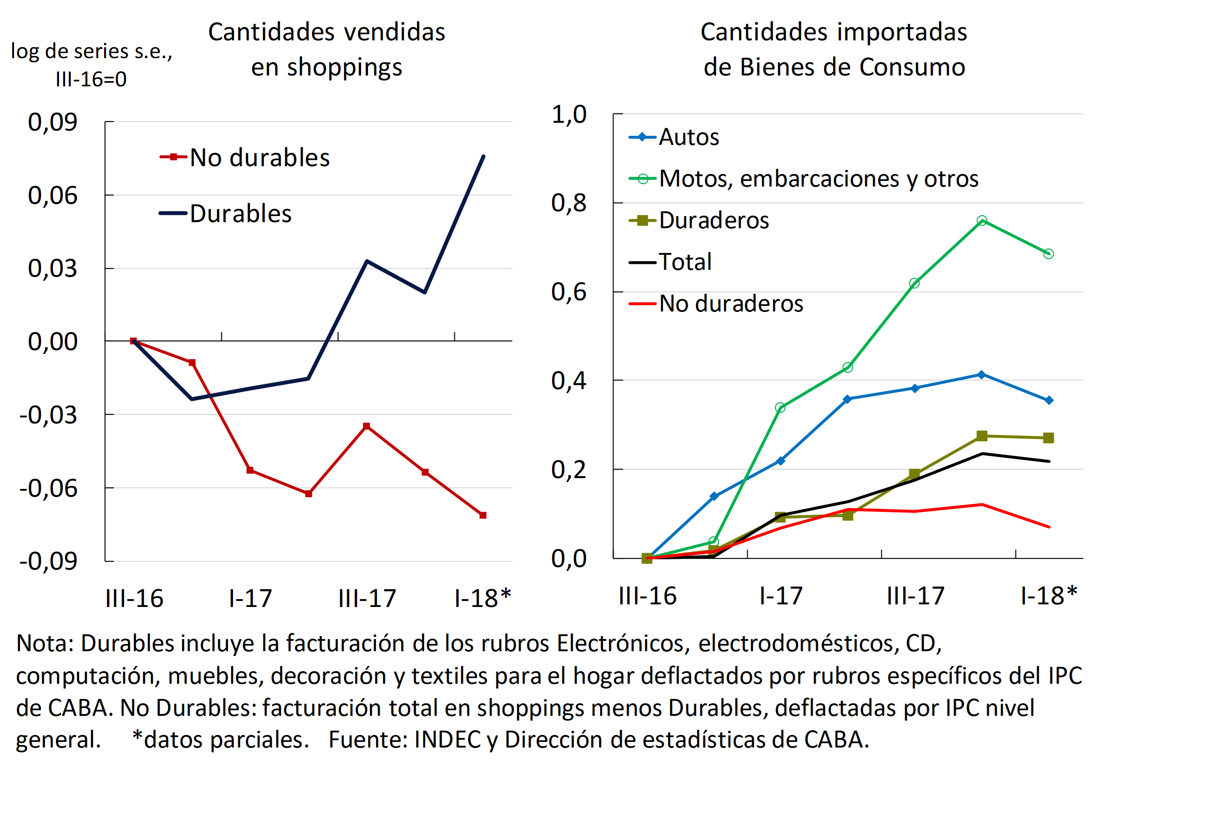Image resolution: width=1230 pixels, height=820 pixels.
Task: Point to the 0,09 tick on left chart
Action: click(52, 122)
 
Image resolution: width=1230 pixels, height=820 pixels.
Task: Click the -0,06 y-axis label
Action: click(48, 488)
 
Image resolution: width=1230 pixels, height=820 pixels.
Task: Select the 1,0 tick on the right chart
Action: click(569, 114)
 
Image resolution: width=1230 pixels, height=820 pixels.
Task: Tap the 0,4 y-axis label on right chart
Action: click(569, 380)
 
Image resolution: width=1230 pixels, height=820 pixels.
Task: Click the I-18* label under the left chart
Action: click(482, 598)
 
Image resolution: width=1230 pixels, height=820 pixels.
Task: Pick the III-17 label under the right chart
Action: click(915, 596)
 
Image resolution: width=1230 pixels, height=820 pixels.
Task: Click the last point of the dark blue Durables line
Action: click(483, 156)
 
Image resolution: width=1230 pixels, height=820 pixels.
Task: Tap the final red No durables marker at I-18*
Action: click(483, 515)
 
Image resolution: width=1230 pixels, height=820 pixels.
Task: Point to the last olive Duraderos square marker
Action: click(1049, 438)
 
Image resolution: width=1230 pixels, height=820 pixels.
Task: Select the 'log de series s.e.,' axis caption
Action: click(92, 51)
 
